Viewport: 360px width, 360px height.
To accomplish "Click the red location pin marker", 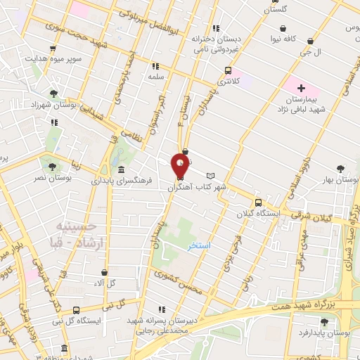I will tap(180, 167).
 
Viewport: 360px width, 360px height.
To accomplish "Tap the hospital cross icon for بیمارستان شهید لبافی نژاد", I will tap(302, 89).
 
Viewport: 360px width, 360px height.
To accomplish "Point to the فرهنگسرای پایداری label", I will tap(121, 181).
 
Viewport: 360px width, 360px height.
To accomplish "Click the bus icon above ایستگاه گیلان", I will tap(258, 201).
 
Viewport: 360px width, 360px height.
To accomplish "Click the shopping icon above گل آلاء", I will tap(105, 272).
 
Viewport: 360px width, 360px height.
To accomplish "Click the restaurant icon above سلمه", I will tap(154, 65).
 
